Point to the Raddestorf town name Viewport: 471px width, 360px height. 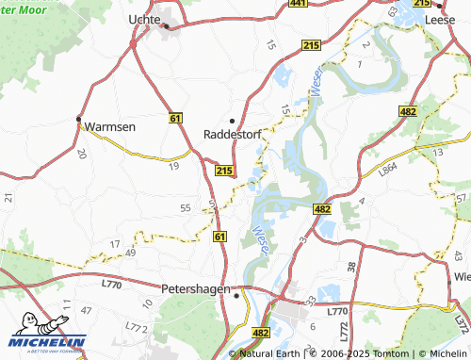pos(233,134)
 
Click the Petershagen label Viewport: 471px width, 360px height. pos(195,288)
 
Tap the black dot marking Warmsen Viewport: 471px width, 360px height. pos(78,119)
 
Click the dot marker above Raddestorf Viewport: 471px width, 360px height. pos(233,121)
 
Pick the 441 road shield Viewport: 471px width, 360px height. pos(298,4)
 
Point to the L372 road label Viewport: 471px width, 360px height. pos(461,323)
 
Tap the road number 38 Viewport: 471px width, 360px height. pos(350,268)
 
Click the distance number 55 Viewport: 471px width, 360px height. pos(185,207)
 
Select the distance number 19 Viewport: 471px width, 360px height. pos(173,166)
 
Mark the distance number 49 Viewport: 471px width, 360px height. pos(130,253)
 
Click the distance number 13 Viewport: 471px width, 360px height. pos(436,151)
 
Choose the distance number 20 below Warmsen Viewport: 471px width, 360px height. pos(82,153)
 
